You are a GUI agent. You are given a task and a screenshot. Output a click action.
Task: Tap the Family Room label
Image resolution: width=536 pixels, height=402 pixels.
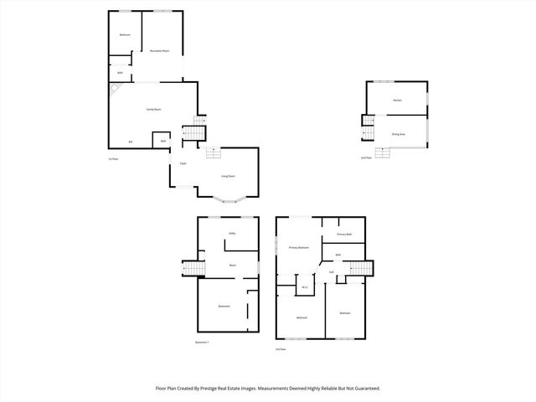pyautogui.click(x=154, y=110)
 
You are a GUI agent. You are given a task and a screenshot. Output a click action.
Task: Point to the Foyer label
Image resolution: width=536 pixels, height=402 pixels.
pyautogui.click(x=182, y=164)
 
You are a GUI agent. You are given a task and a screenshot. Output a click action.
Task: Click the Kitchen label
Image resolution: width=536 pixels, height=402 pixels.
pyautogui.click(x=398, y=101)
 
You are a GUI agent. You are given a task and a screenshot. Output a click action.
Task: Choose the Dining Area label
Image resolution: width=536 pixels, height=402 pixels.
pyautogui.click(x=399, y=134)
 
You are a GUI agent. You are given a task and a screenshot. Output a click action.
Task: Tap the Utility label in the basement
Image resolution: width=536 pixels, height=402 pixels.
pyautogui.click(x=232, y=233)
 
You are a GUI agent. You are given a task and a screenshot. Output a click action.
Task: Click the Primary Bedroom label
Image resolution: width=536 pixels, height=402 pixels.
pyautogui.click(x=299, y=248)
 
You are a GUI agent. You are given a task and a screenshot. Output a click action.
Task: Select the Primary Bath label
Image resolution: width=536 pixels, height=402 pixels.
pyautogui.click(x=343, y=234)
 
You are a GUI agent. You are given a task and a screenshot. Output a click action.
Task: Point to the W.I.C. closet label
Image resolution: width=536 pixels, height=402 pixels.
pyautogui.click(x=305, y=288)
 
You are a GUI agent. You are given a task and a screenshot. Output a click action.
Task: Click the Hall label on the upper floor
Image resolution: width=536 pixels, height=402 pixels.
pyautogui.click(x=332, y=272)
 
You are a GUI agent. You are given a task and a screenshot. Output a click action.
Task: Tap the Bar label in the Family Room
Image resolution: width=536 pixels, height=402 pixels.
pyautogui.click(x=130, y=142)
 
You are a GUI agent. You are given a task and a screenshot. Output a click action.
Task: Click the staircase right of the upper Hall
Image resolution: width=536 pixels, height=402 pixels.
pyautogui.click(x=359, y=268)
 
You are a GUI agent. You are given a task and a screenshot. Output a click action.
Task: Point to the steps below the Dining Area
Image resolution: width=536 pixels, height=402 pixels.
pyautogui.click(x=383, y=152)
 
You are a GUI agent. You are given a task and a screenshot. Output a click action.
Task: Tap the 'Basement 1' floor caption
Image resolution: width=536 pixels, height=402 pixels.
pyautogui.click(x=202, y=342)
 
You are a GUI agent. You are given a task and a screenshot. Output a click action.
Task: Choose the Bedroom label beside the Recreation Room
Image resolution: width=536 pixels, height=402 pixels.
pyautogui.click(x=125, y=34)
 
